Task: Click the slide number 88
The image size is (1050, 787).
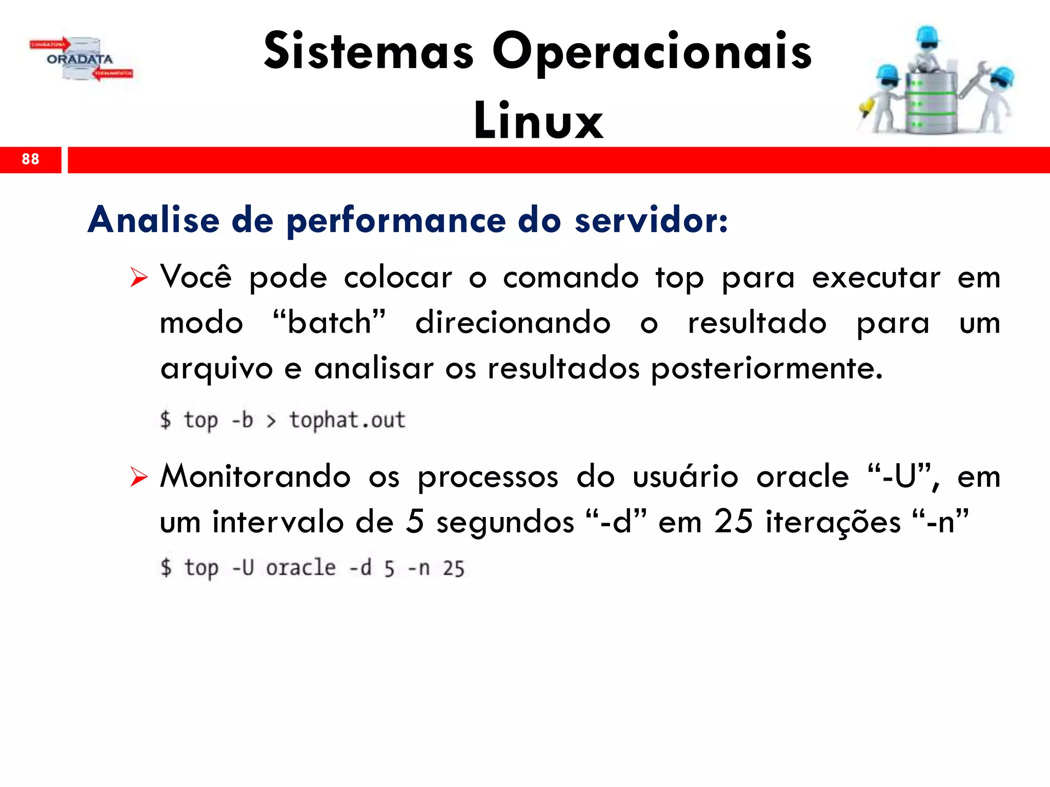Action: click(30, 159)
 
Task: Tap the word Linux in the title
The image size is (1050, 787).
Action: click(538, 121)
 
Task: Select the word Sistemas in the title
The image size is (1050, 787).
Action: click(369, 52)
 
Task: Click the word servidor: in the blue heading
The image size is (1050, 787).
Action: click(651, 220)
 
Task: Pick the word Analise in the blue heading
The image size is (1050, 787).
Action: click(153, 220)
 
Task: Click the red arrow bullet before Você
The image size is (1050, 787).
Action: click(138, 277)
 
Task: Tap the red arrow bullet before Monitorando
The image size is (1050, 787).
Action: click(138, 477)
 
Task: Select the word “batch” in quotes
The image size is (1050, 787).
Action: click(329, 323)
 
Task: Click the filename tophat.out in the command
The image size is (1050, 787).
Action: click(347, 420)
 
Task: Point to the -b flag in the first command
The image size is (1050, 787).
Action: click(243, 420)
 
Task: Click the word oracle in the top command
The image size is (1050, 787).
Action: click(300, 568)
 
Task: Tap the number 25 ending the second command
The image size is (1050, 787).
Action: click(453, 569)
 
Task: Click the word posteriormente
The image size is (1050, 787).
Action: click(766, 368)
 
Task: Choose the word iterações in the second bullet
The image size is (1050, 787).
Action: click(833, 522)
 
